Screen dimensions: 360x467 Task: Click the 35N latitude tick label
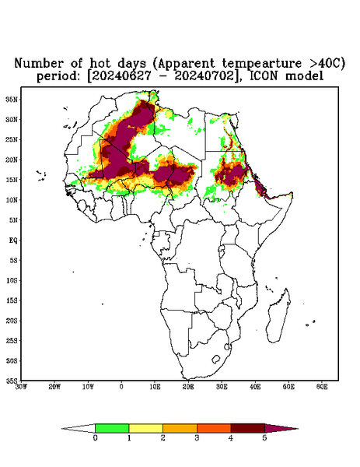(12, 99)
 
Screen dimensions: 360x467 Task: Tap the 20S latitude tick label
(12, 321)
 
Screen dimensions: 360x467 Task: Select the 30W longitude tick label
(21, 387)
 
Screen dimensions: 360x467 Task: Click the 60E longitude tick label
(322, 387)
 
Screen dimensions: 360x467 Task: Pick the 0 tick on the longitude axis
(121, 387)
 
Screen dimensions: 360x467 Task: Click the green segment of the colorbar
(112, 428)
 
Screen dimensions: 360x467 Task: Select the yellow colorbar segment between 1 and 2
(145, 428)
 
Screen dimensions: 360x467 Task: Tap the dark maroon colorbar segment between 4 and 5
(248, 428)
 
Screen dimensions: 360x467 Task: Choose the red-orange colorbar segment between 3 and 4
(214, 428)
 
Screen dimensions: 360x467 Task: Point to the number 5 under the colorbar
(264, 438)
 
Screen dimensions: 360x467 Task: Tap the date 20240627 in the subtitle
(121, 75)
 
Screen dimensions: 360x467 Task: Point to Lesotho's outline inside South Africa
(215, 359)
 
